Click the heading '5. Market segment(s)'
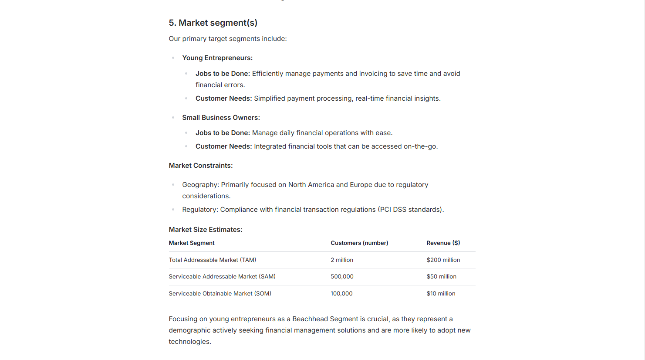pyautogui.click(x=213, y=23)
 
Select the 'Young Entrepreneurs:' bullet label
pyautogui.click(x=217, y=58)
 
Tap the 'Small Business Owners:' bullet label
pyautogui.click(x=221, y=118)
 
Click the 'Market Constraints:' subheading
pyautogui.click(x=201, y=166)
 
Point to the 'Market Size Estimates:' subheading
pyautogui.click(x=206, y=230)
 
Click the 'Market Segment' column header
pyautogui.click(x=192, y=243)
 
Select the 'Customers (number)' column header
pyautogui.click(x=359, y=243)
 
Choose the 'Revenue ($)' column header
pyautogui.click(x=443, y=243)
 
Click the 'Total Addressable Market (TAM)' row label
pyautogui.click(x=213, y=260)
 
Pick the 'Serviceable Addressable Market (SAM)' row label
pyautogui.click(x=222, y=277)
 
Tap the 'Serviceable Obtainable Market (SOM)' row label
pyautogui.click(x=220, y=294)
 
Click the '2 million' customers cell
pyautogui.click(x=342, y=260)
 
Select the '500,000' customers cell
pyautogui.click(x=342, y=277)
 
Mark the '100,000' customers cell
pyautogui.click(x=341, y=294)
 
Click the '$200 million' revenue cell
pyautogui.click(x=443, y=260)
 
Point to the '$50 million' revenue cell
pyautogui.click(x=441, y=277)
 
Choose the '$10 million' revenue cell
pyautogui.click(x=441, y=294)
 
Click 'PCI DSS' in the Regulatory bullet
pyautogui.click(x=394, y=210)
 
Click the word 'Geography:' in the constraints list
pyautogui.click(x=200, y=185)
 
